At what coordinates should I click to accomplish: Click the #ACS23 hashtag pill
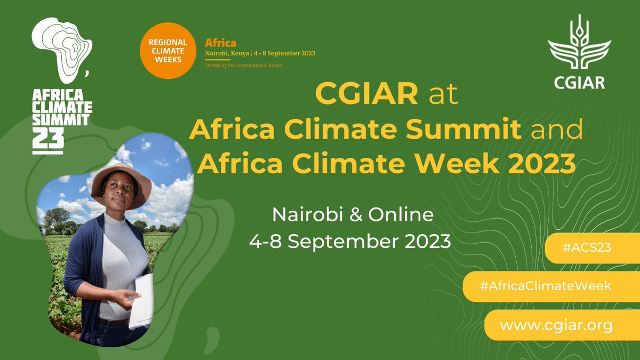tap(591, 247)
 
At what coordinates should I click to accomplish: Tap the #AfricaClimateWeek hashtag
tap(545, 286)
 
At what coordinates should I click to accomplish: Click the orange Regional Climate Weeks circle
tap(167, 51)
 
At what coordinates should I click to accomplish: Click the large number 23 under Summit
tap(48, 140)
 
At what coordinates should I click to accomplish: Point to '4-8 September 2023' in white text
tap(350, 241)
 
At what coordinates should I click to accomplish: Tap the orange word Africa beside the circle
tap(221, 43)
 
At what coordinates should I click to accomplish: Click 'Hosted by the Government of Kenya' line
tap(244, 65)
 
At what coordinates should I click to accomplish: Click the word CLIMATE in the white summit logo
tap(62, 107)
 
